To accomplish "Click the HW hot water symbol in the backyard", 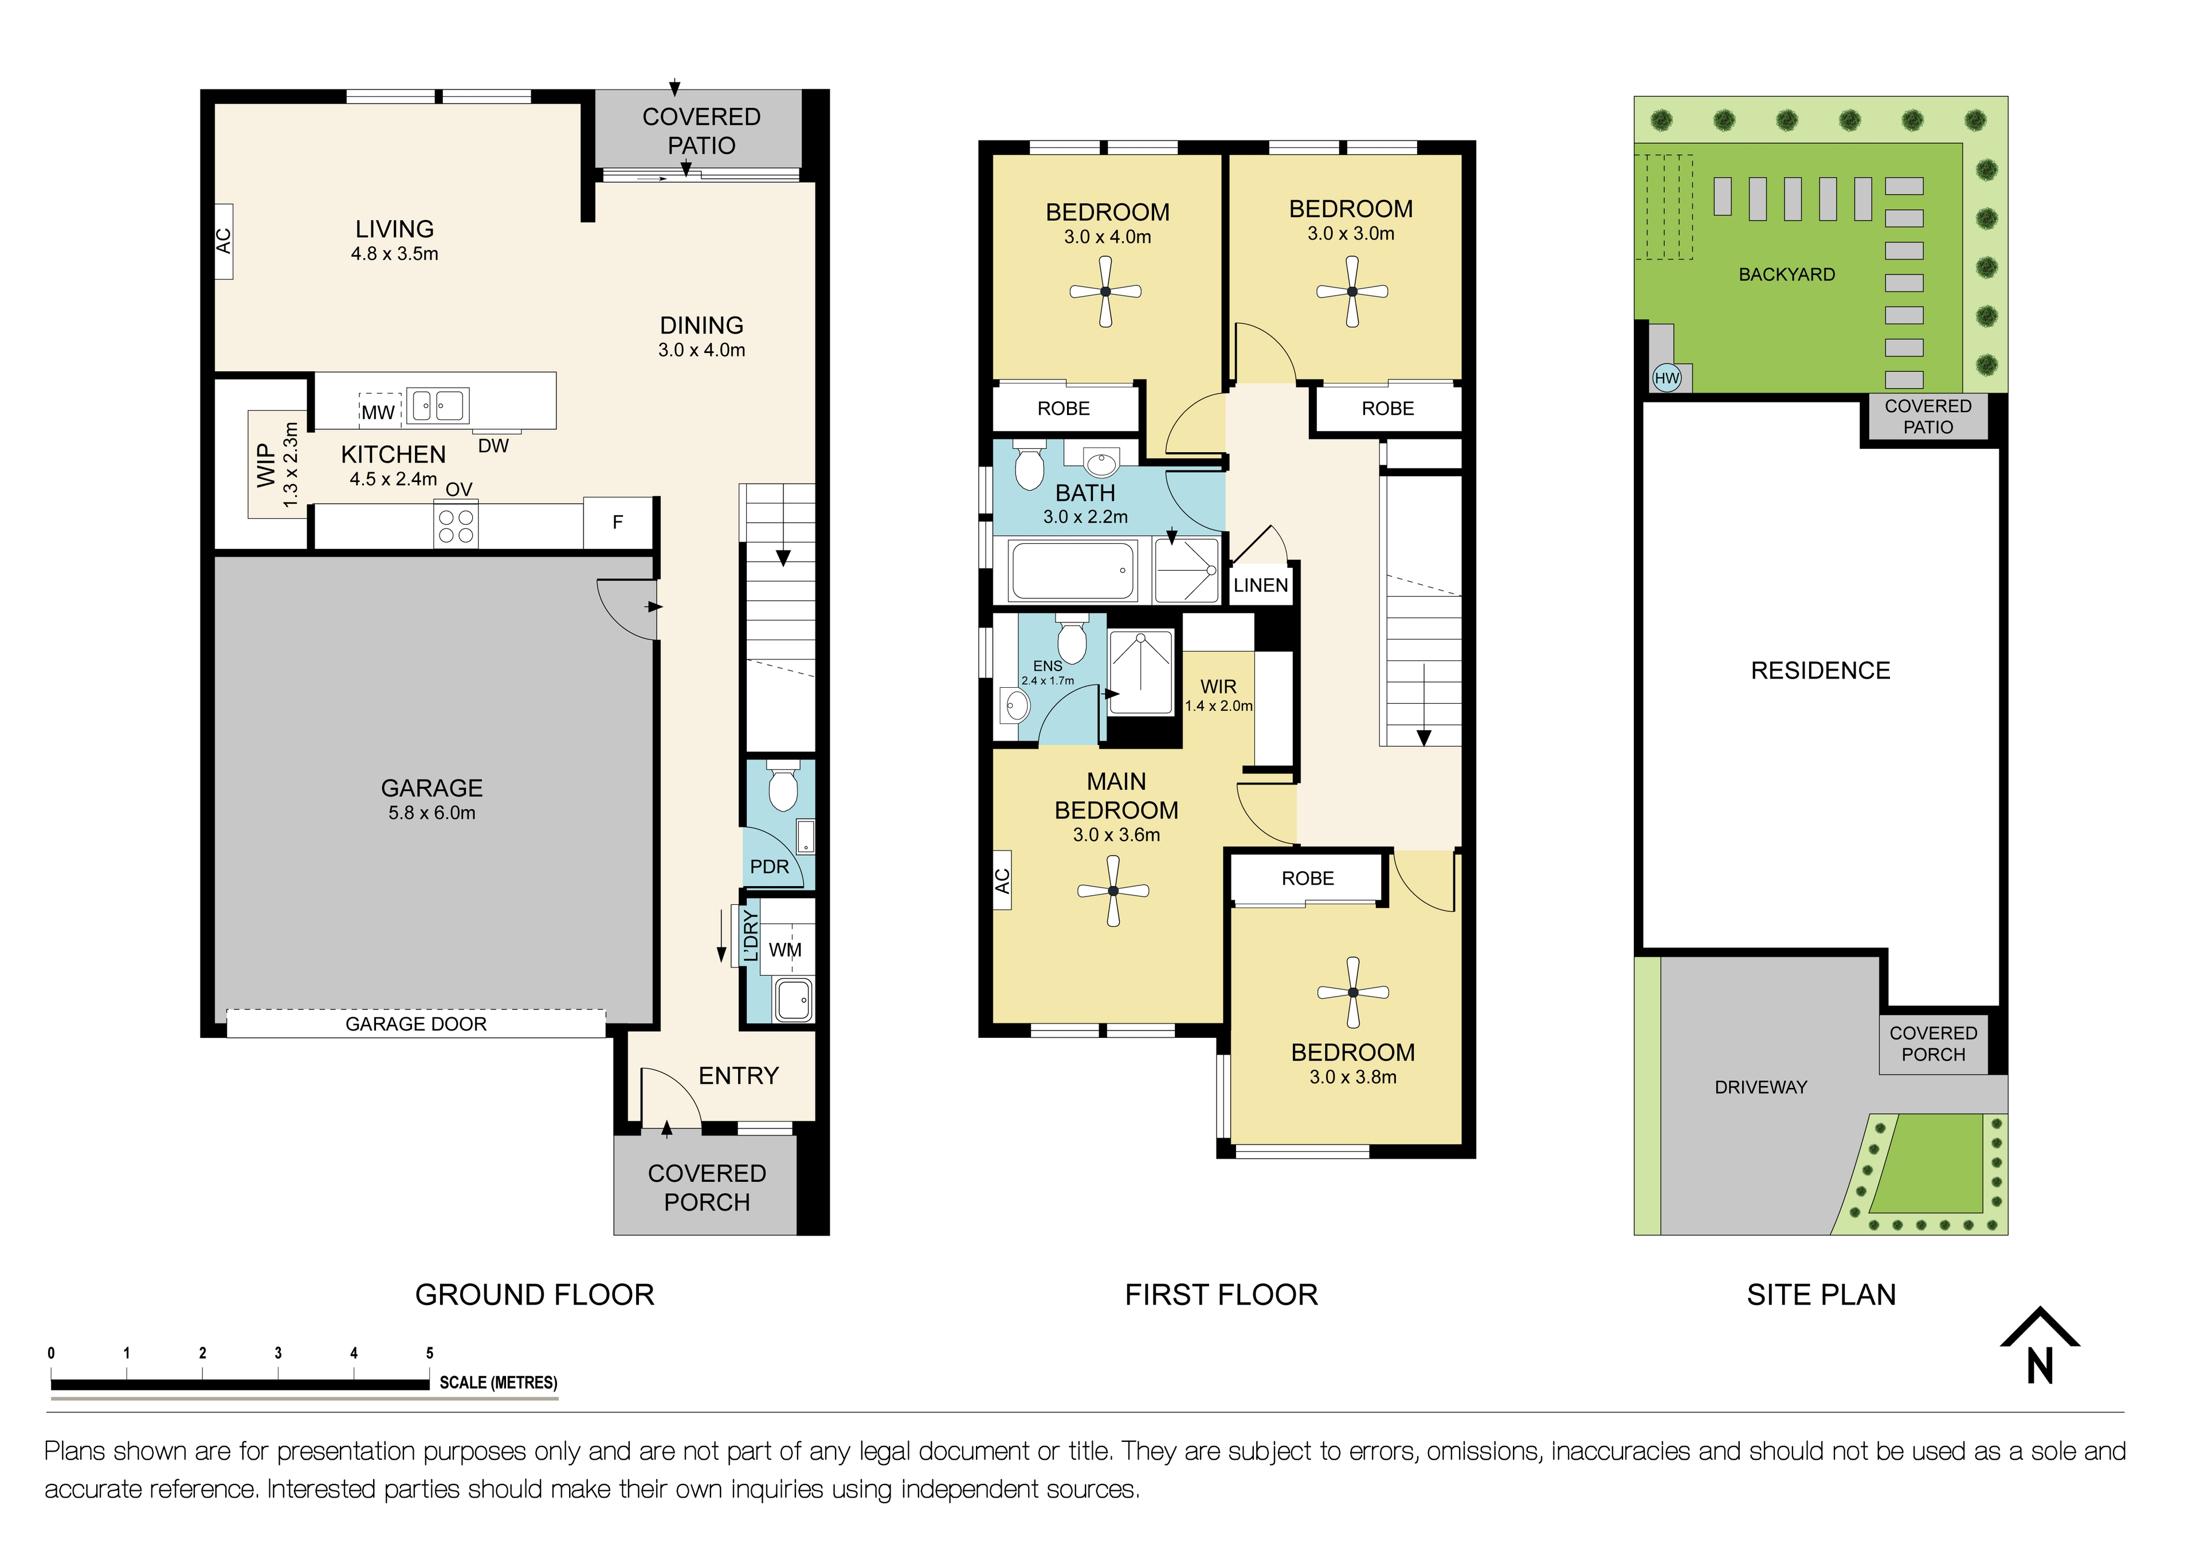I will [1667, 378].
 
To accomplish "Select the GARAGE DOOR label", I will [416, 1024].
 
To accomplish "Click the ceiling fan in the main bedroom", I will [1112, 891].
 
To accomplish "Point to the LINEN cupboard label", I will [1260, 585].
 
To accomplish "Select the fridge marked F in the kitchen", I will [618, 522].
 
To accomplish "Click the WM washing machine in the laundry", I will [786, 950].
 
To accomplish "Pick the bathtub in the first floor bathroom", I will [1073, 571].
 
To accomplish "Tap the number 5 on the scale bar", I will [429, 1353].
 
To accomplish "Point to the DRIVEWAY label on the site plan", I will [1760, 1087].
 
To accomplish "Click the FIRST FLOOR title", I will [1221, 1295].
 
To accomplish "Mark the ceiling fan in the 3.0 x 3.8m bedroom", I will [1352, 993].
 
